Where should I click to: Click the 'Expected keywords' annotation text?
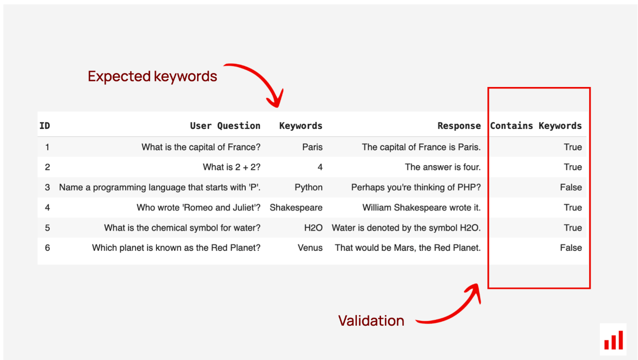[153, 76]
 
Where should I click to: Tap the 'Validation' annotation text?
[371, 321]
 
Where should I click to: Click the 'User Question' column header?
[225, 126]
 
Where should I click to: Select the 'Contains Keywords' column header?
[536, 126]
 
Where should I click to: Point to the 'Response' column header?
[459, 126]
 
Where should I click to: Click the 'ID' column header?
[45, 126]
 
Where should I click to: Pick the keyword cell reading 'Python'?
[309, 187]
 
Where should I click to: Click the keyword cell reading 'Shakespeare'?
[296, 207]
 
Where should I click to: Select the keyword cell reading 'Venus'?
[310, 248]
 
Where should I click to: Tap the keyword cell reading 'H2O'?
[313, 228]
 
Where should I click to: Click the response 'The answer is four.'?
[443, 167]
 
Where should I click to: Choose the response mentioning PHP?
[416, 187]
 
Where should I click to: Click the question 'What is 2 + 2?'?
[231, 167]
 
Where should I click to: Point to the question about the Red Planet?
[176, 248]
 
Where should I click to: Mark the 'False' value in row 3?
[571, 187]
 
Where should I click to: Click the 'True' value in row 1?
[573, 147]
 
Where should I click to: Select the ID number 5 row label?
[47, 228]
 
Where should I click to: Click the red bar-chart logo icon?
[613, 340]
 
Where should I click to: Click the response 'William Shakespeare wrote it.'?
[422, 207]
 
